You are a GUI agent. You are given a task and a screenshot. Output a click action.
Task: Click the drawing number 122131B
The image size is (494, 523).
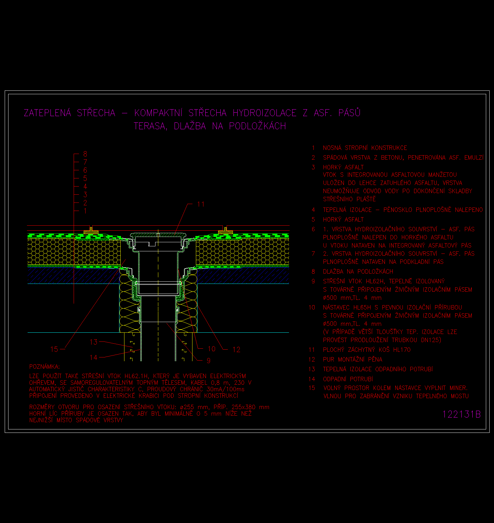click(461, 414)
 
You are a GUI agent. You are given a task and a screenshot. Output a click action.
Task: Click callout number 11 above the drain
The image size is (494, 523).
click(201, 204)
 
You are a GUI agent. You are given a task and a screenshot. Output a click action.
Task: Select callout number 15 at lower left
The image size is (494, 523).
click(54, 349)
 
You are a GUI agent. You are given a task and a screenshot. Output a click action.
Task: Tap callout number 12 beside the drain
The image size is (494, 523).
click(236, 350)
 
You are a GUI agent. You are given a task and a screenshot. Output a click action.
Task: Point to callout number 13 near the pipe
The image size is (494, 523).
click(93, 342)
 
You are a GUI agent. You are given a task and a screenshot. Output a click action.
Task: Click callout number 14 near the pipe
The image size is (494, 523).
click(93, 357)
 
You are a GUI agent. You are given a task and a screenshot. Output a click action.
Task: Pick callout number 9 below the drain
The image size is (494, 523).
click(208, 361)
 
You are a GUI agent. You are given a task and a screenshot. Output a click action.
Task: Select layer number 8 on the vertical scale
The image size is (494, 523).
click(85, 154)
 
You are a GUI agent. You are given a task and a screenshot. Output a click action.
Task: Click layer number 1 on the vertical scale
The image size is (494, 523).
click(85, 211)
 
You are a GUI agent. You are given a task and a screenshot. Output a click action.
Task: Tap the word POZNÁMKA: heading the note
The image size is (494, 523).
click(45, 367)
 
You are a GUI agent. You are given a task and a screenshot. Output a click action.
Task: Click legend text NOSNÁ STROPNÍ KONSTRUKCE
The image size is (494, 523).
click(365, 148)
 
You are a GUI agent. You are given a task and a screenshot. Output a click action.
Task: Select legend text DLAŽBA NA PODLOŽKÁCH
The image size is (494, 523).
click(358, 271)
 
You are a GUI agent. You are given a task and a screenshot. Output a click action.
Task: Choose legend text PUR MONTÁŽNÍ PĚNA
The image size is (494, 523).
click(353, 359)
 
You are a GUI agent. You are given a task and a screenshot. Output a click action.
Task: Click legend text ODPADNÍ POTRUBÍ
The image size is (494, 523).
click(348, 379)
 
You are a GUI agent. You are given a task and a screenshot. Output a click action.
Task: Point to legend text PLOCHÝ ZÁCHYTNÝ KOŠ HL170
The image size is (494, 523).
click(367, 350)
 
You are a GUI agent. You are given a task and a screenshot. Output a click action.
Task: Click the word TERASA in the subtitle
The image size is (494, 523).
click(150, 126)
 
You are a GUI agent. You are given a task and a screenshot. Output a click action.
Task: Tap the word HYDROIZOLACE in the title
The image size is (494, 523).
click(265, 113)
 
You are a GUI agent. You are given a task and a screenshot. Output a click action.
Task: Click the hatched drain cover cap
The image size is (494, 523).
click(158, 235)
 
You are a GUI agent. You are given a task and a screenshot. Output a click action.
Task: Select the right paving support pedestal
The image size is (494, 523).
click(225, 231)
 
